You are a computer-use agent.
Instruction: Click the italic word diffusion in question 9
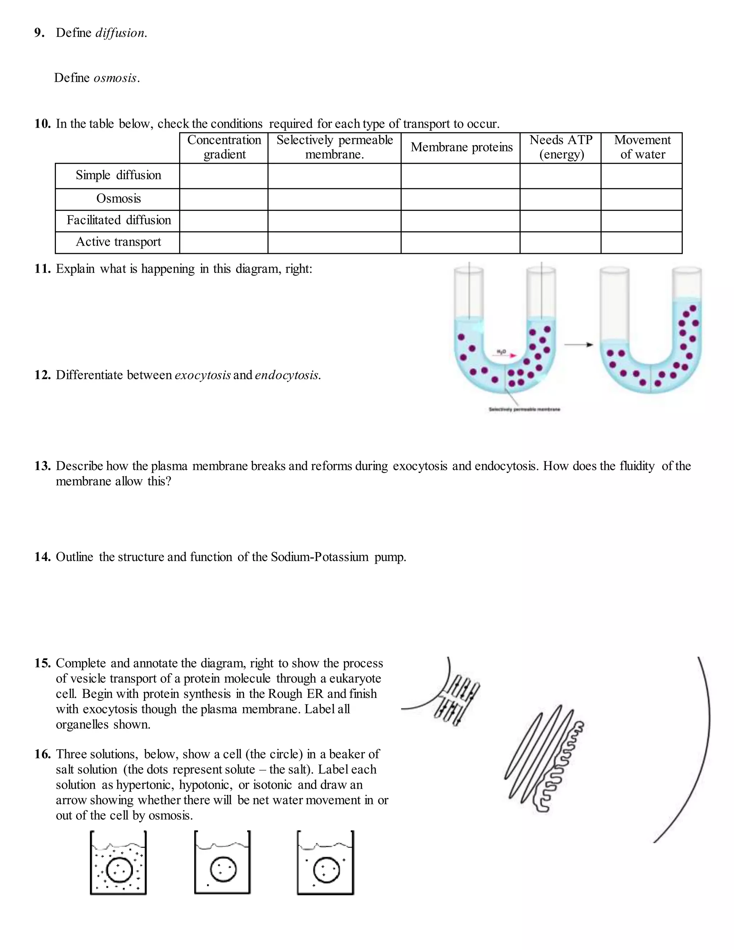pos(120,33)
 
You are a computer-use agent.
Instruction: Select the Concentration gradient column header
pos(224,147)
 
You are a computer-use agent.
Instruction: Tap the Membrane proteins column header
pos(461,147)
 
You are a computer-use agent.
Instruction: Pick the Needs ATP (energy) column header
pos(561,147)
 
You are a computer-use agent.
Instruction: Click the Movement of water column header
pos(642,147)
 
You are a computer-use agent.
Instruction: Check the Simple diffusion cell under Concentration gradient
pos(224,176)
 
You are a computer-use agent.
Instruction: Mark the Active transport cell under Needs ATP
pos(561,243)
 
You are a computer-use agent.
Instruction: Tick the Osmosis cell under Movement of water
pos(642,199)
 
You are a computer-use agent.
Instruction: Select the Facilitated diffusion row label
pos(118,220)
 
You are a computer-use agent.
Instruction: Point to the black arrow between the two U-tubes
pos(578,345)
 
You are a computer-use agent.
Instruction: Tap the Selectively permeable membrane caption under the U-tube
pos(524,409)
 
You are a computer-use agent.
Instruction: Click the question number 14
pos(42,557)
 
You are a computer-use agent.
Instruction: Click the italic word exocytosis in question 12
pos(202,375)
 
